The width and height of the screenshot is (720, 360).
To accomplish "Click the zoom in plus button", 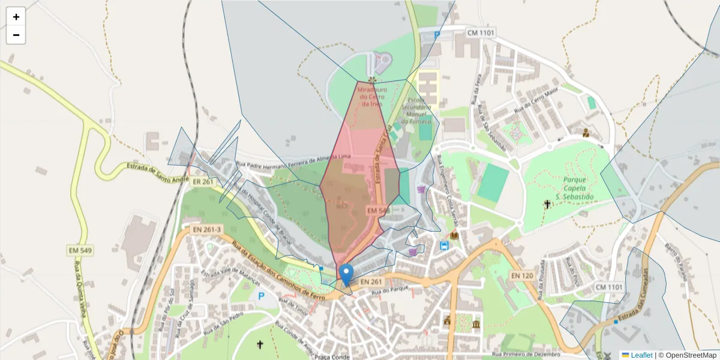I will [16, 17].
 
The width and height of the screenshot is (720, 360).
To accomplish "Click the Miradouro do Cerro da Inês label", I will [372, 97].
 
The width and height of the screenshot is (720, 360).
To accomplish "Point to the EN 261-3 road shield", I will [207, 229].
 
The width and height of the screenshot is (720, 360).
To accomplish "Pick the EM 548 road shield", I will [379, 211].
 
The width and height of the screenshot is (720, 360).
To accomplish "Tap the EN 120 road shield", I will [522, 275].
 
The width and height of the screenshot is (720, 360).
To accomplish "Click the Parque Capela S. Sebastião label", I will [574, 188].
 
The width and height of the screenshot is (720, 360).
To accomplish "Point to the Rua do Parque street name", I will [391, 291].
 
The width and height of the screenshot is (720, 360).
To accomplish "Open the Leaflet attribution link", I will [641, 355].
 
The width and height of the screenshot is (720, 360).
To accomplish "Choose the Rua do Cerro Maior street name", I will [536, 102].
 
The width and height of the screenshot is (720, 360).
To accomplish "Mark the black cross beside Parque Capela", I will [547, 205].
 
